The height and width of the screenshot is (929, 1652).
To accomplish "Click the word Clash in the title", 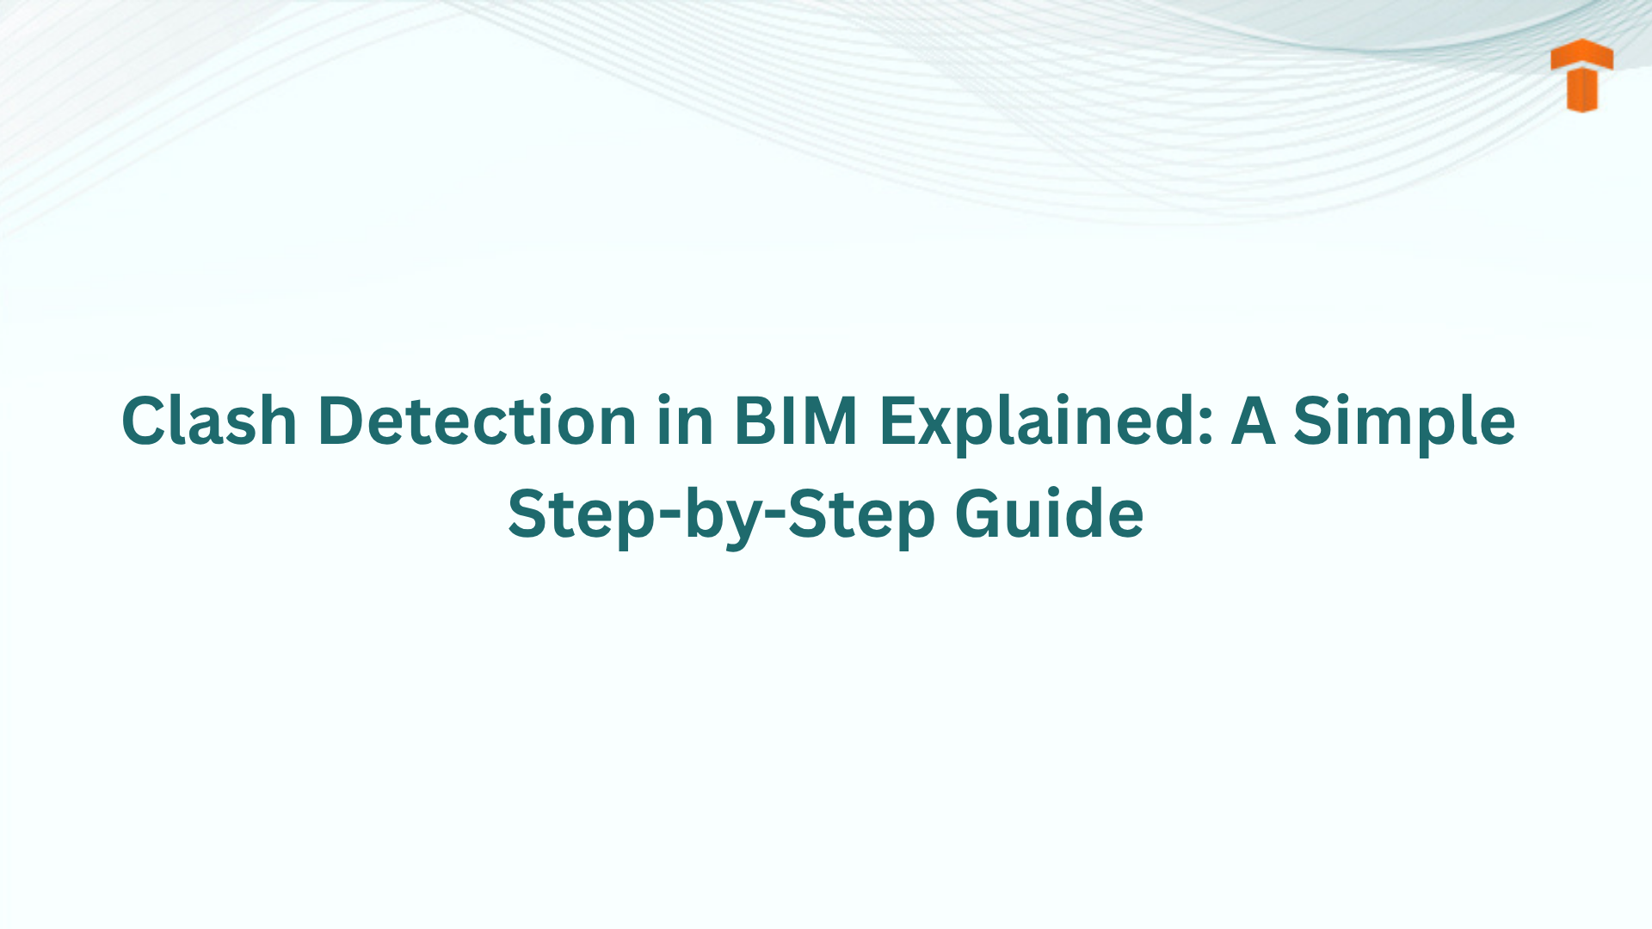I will click(209, 421).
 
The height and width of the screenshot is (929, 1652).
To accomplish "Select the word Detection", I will click(477, 421).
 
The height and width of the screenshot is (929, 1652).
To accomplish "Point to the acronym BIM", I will click(796, 421).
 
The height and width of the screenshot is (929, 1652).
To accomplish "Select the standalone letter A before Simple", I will click(1253, 421).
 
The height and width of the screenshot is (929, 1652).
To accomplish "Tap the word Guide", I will click(1049, 514).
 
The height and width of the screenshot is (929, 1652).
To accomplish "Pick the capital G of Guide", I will click(979, 514).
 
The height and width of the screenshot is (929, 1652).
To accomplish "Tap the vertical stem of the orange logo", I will click(1581, 89).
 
